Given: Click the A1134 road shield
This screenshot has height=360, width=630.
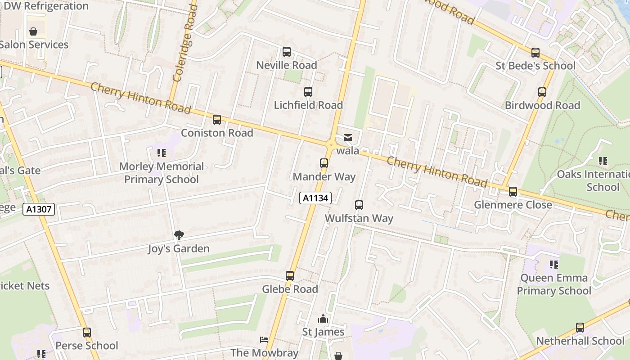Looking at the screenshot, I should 315,198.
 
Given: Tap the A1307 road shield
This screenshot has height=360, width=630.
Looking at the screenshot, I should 39,209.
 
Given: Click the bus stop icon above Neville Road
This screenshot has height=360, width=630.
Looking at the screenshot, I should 287,52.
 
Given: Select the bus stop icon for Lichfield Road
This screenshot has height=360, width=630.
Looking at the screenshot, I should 308,92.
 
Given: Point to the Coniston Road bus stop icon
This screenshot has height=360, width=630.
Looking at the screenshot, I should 217,120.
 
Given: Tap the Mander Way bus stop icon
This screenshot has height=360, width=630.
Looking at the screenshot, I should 324,163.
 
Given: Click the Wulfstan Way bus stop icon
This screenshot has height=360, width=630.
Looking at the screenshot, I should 359,205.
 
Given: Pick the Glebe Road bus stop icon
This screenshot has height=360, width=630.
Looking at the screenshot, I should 290,276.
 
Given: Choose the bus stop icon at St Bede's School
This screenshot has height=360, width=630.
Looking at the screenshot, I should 535,53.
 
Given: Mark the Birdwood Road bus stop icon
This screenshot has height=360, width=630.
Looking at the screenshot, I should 542,92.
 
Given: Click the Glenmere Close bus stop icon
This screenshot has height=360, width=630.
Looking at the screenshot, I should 513,192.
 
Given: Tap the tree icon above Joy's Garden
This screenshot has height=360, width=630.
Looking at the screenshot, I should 179,235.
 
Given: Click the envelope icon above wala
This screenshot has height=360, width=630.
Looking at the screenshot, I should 348,138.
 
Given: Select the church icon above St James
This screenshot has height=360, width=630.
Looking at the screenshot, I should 323,319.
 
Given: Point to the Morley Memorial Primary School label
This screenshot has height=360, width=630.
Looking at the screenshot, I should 162,173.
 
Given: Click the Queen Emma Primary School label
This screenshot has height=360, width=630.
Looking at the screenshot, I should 554,284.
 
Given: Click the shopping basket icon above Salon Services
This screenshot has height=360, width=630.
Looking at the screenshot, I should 33,31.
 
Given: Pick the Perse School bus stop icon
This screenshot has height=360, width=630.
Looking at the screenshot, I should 87,333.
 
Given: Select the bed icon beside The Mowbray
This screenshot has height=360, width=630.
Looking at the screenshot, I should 264,340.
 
